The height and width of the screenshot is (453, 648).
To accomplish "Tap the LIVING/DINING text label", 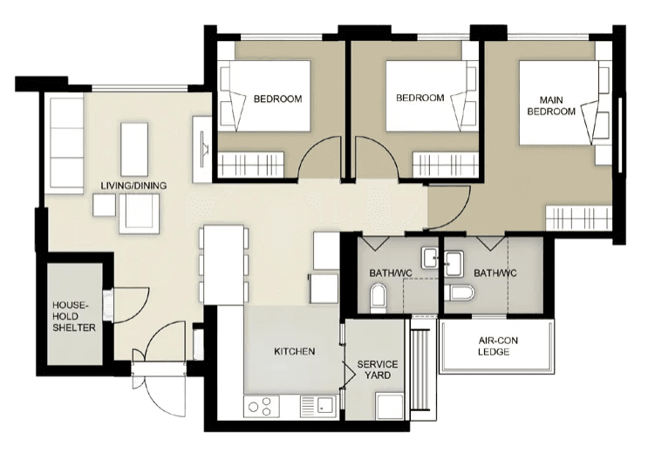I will tap(133, 186).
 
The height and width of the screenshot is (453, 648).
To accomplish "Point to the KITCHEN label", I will tap(294, 351).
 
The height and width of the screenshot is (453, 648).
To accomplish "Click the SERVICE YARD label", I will tap(378, 369).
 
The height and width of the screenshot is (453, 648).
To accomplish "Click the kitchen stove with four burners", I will tap(260, 405).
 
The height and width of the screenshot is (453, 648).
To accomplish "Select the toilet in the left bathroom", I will tap(378, 299).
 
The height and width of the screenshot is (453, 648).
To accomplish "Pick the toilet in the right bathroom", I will tap(460, 293).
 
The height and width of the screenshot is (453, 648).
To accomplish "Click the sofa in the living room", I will tap(66, 139).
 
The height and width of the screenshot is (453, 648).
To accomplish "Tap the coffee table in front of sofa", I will tap(134, 148).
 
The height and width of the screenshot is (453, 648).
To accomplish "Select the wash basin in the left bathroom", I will tap(431, 257).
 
